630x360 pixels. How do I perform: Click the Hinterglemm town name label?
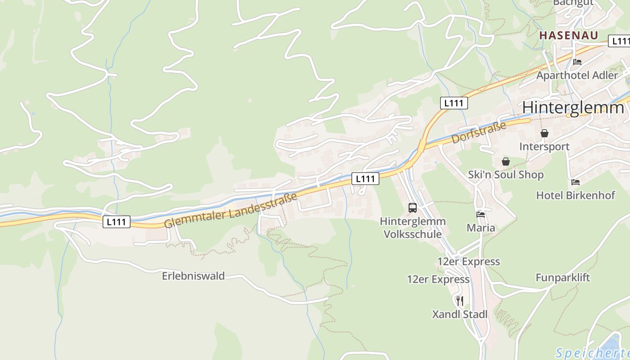(573, 108)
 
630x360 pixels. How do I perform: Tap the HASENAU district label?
(569, 35)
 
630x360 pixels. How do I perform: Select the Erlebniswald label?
(193, 276)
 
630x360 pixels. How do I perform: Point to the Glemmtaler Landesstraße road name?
(230, 211)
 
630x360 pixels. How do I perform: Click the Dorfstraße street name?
(479, 132)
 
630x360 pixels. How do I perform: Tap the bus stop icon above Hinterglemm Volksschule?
(413, 207)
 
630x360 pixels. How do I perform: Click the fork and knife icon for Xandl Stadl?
(459, 301)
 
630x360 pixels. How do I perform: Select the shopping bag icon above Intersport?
(544, 133)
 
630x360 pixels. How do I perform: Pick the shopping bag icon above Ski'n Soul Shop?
(506, 161)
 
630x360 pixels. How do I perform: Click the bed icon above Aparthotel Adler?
(577, 62)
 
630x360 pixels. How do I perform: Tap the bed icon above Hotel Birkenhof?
(576, 182)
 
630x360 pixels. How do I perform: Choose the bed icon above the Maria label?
(481, 215)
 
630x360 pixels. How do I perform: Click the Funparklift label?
(562, 278)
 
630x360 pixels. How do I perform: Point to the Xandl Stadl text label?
(460, 314)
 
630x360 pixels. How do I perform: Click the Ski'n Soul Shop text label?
(506, 175)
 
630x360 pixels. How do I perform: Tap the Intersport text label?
(544, 147)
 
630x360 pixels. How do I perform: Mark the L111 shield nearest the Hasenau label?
(620, 41)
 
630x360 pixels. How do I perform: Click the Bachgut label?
(573, 2)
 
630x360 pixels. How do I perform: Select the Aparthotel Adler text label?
(577, 75)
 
